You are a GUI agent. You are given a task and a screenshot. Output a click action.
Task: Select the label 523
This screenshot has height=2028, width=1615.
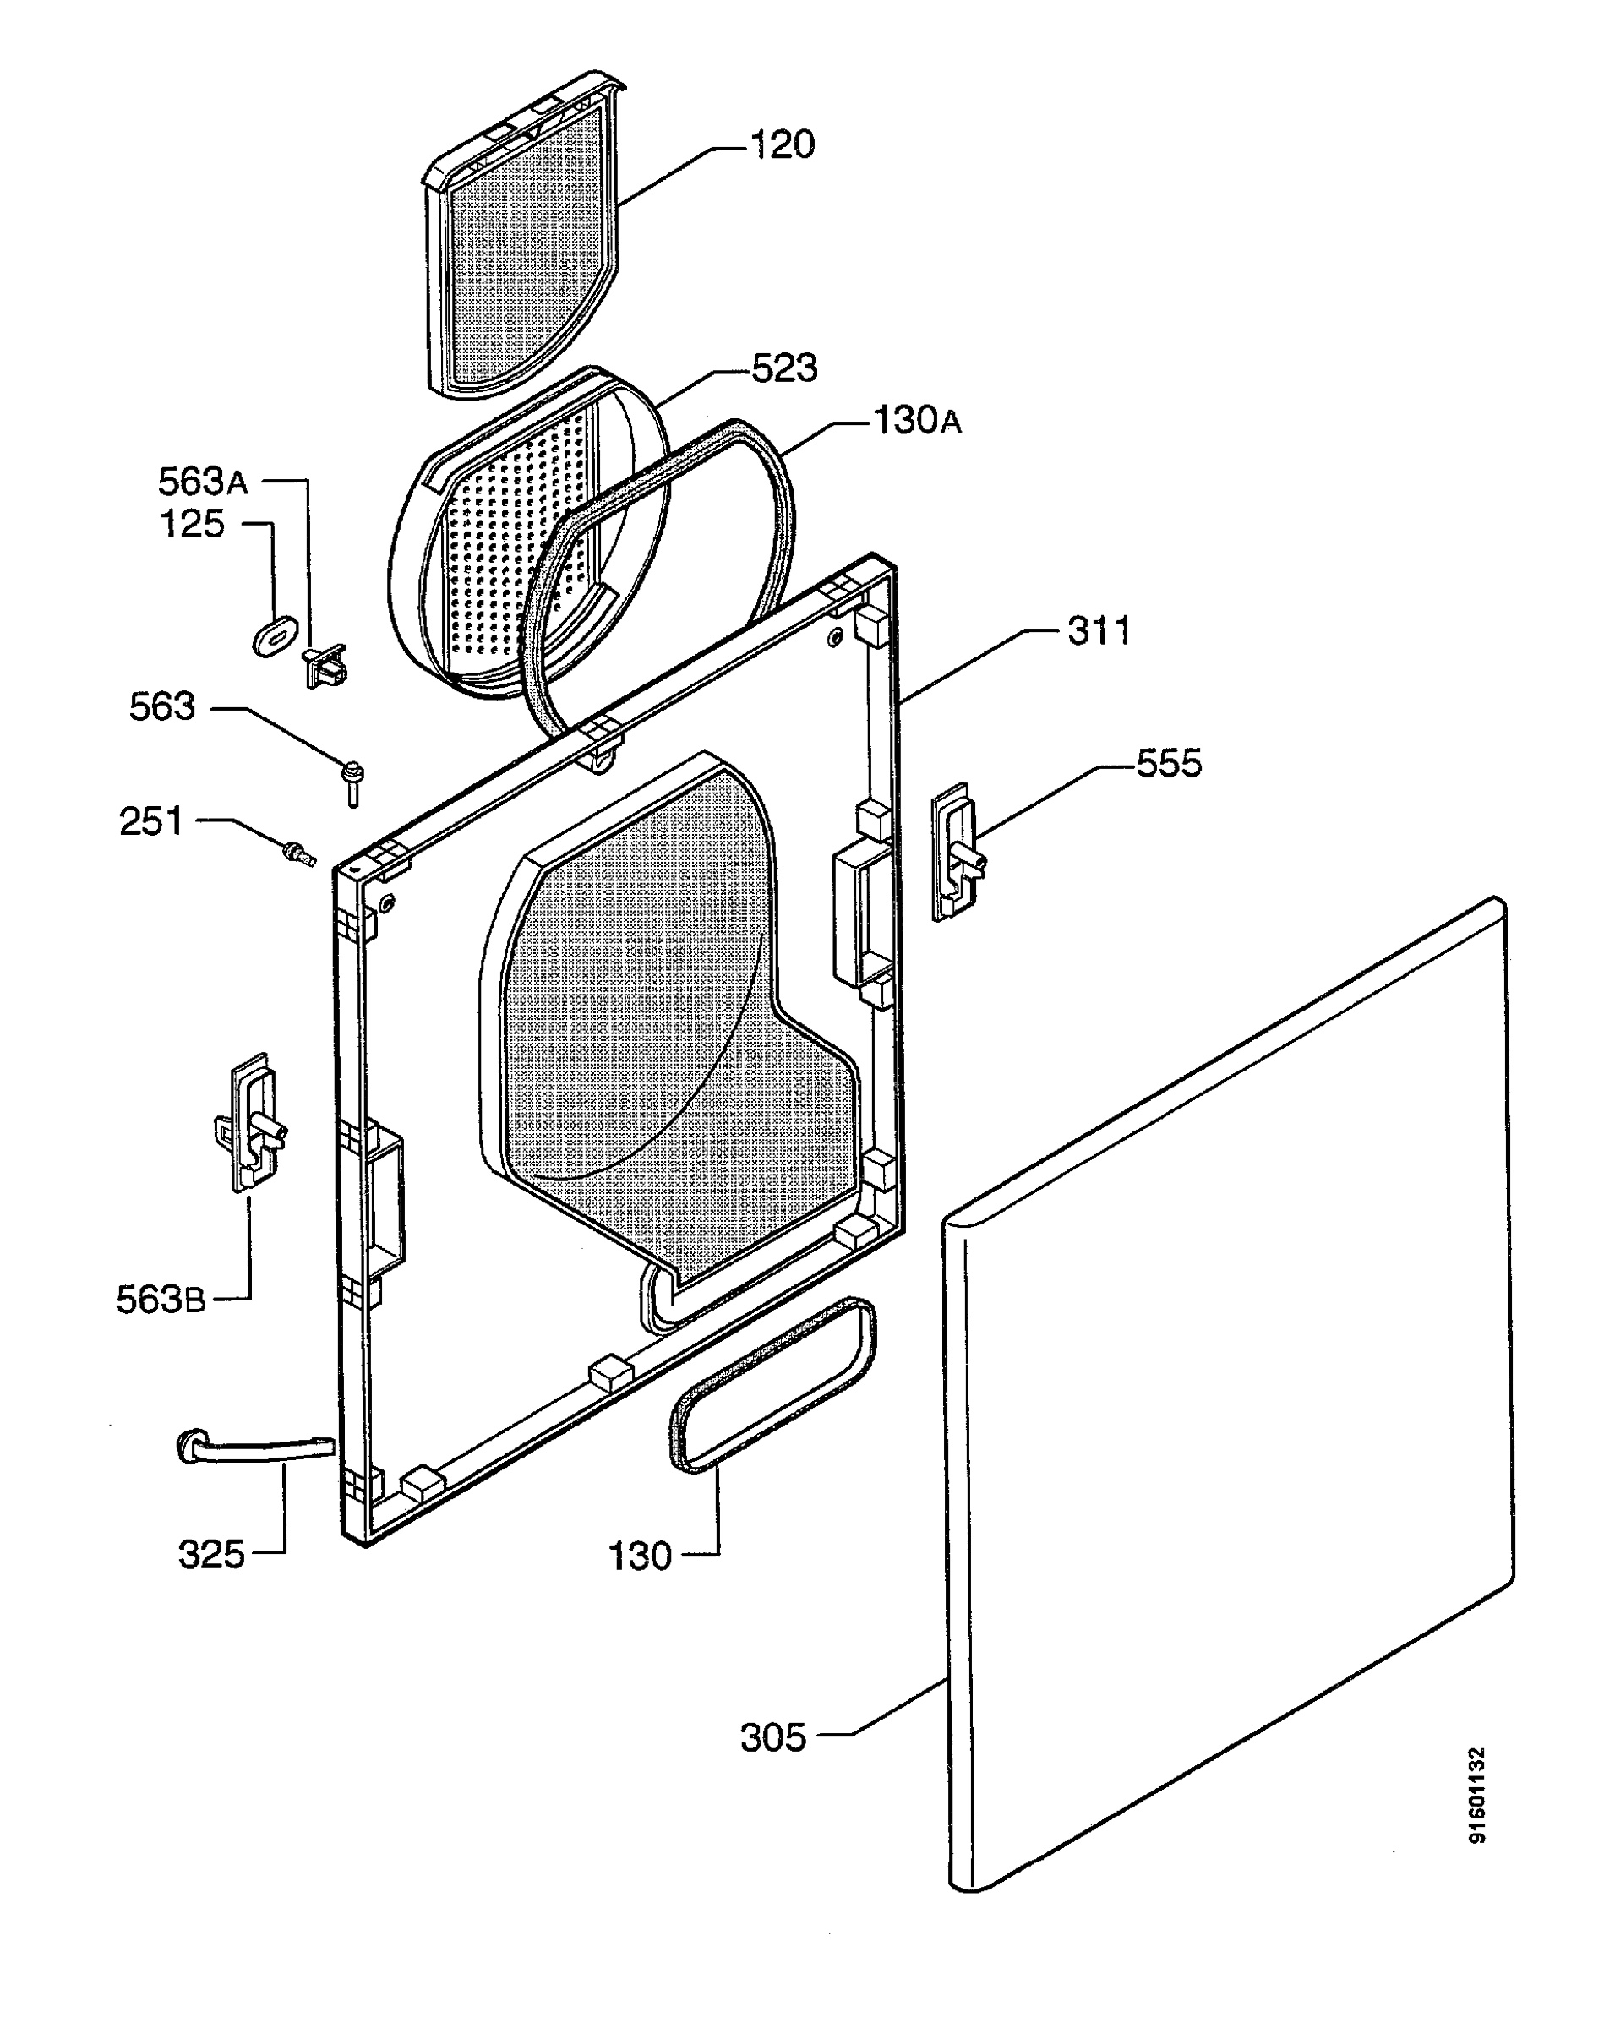(x=784, y=368)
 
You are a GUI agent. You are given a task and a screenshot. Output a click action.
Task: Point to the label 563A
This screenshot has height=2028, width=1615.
(x=202, y=481)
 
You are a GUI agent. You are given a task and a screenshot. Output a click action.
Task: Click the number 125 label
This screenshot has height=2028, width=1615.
(x=193, y=524)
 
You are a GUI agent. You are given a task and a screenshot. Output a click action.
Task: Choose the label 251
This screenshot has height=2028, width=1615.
(x=151, y=821)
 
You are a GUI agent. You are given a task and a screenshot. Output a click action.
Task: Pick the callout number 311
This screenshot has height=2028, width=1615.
(x=1099, y=630)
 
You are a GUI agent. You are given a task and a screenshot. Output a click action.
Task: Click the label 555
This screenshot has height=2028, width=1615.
(x=1169, y=763)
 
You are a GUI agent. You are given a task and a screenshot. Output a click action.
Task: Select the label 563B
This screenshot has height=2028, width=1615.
(x=160, y=1299)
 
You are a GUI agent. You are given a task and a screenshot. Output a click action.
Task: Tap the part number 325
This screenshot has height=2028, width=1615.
(x=211, y=1555)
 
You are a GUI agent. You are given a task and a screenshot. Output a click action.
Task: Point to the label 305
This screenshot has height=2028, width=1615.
(x=773, y=1737)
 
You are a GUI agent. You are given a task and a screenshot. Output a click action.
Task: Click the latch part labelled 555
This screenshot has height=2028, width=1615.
(x=956, y=851)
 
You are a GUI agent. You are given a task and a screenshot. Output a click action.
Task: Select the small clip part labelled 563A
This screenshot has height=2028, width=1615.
(x=325, y=665)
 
